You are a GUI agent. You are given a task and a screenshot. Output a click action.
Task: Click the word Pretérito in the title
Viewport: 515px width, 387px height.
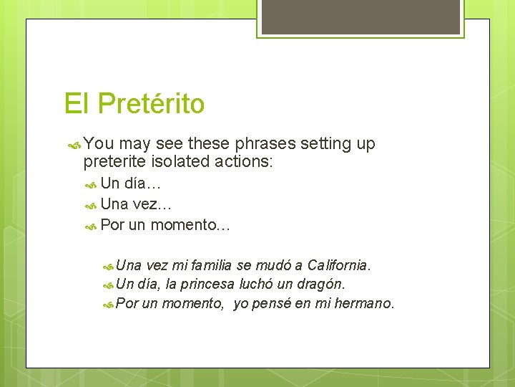pos(151,104)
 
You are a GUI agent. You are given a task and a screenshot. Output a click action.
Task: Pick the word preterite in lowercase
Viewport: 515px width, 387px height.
pos(114,162)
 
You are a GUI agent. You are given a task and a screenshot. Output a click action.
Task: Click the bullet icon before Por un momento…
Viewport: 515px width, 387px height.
pos(91,226)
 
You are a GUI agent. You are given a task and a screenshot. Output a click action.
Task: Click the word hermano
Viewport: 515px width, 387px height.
pos(364,303)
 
